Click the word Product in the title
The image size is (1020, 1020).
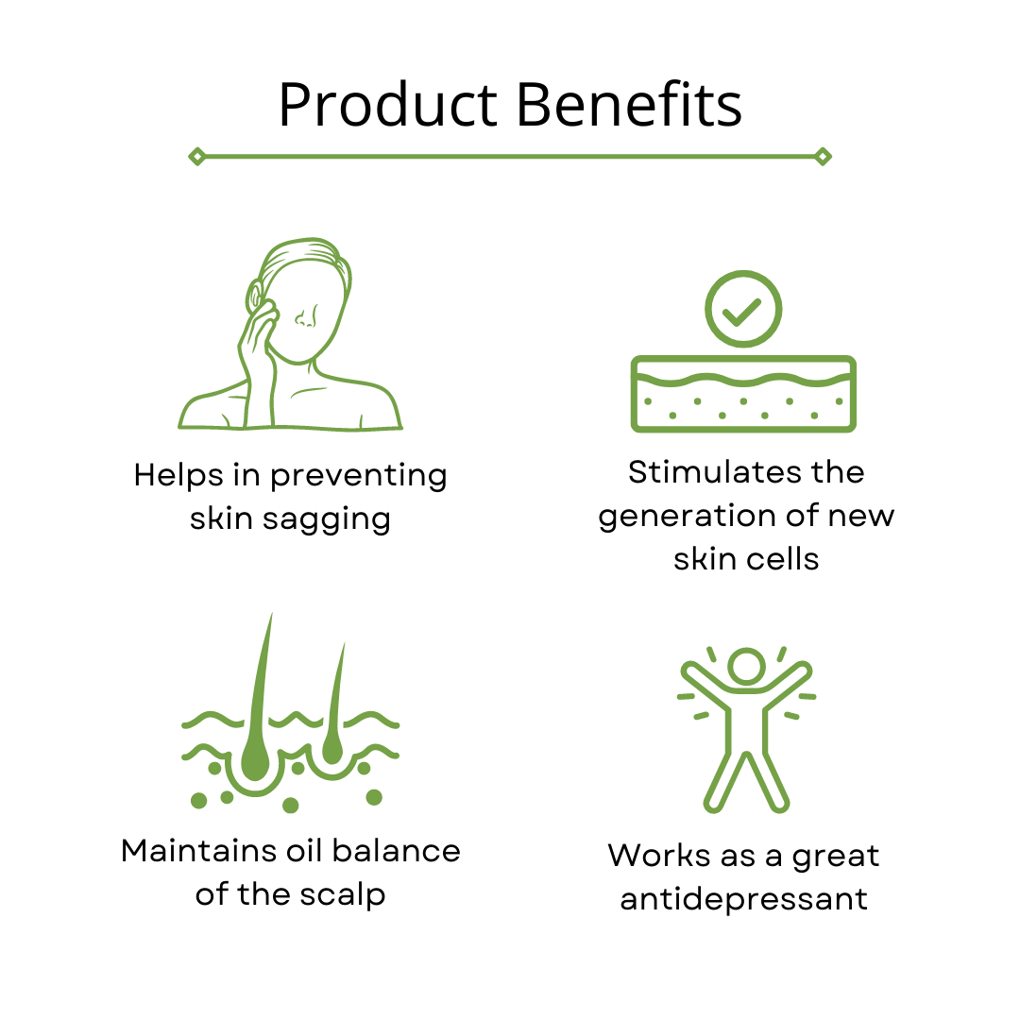(x=388, y=105)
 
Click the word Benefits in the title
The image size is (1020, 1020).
(x=629, y=104)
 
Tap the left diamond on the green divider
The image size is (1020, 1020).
(x=197, y=157)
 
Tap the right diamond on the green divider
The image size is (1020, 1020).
(x=823, y=157)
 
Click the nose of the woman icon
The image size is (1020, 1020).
(x=306, y=316)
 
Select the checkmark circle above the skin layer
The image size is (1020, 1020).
(x=743, y=309)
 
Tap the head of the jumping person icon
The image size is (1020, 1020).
(x=746, y=666)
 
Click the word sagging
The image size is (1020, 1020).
(x=327, y=520)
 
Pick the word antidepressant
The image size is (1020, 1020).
(x=743, y=900)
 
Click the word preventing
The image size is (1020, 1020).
(x=359, y=476)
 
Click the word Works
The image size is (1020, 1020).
(x=659, y=856)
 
